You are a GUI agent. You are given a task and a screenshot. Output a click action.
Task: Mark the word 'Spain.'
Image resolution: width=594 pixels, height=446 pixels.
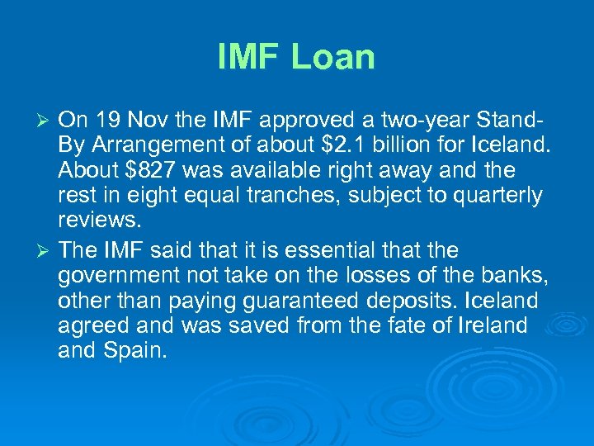tap(140, 350)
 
